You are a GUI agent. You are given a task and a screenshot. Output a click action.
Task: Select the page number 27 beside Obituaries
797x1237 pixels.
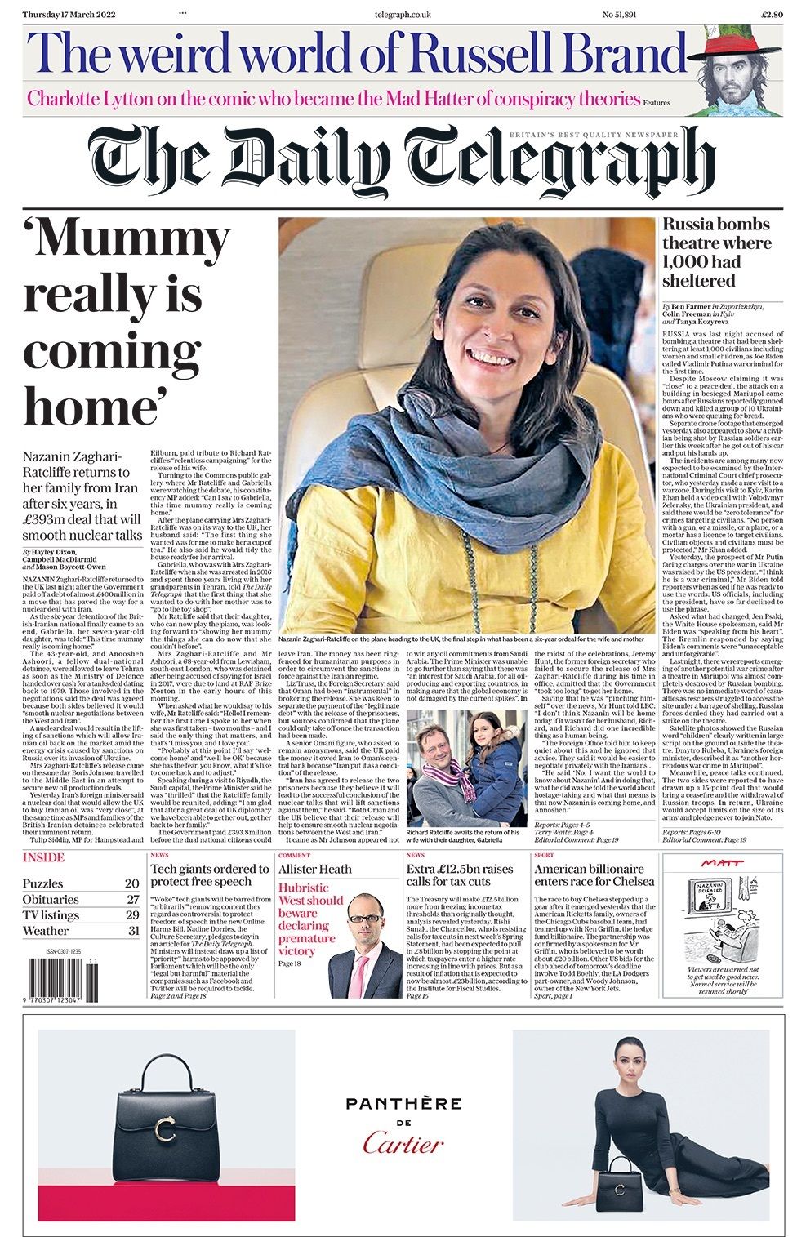(x=132, y=900)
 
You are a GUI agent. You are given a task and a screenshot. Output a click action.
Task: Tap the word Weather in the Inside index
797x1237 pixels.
(x=46, y=931)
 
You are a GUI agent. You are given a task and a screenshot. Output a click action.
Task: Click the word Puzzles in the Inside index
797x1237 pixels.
(x=42, y=883)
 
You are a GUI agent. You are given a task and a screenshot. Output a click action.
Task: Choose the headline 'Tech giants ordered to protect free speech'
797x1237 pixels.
(x=209, y=875)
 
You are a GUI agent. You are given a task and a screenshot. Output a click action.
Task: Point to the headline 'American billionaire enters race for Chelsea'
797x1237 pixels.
(x=594, y=875)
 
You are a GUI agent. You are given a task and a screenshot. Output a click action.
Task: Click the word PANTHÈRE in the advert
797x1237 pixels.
(x=403, y=1104)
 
